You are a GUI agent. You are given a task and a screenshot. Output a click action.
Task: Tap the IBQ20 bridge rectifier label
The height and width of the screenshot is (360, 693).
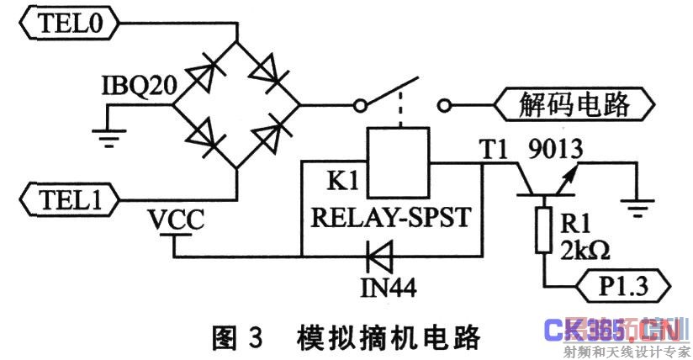(135, 87)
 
